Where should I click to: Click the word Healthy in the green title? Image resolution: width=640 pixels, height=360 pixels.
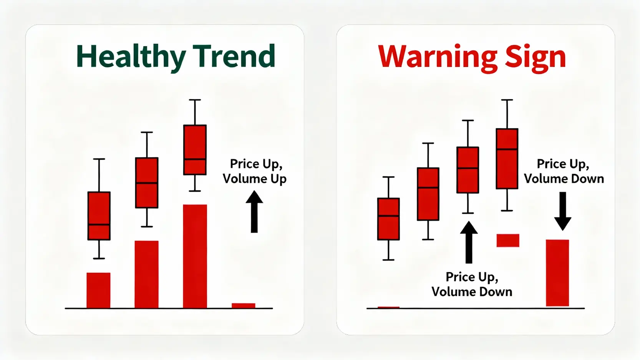point(131,57)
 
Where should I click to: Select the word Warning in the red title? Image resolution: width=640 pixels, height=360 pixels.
point(438,58)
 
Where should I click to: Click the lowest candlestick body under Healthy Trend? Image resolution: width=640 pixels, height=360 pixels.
point(99,216)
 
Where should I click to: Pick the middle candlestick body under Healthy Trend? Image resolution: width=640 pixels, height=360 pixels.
point(147,182)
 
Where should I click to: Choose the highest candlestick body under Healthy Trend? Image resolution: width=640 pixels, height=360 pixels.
point(195,150)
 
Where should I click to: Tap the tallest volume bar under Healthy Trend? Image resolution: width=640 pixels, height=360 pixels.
point(195,256)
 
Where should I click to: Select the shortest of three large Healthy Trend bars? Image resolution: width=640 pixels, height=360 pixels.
point(99,290)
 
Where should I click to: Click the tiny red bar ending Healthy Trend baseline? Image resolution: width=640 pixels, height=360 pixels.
point(244,306)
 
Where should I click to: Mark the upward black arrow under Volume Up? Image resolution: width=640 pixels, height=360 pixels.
point(254,212)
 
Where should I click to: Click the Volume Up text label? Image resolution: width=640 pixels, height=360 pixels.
point(255,179)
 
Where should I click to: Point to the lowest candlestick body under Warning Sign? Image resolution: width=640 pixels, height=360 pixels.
point(388,219)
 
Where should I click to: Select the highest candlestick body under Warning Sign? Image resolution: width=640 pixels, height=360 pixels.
point(507,159)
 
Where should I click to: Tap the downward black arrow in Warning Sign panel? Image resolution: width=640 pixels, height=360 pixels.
point(562,211)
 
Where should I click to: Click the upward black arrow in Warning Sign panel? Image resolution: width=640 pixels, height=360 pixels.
point(469,242)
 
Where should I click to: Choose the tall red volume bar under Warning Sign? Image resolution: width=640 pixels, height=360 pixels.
point(557,273)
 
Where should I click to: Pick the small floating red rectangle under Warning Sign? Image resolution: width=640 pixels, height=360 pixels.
point(508,240)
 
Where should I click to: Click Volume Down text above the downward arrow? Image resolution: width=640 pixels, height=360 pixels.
point(564,179)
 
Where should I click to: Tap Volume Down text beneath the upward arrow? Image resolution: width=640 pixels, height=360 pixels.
point(472,292)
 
